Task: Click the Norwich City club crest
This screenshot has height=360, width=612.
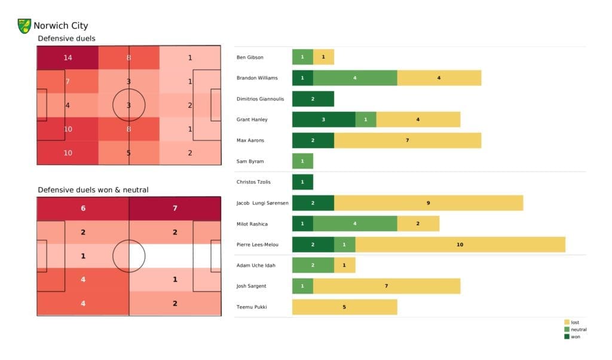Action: click(x=25, y=26)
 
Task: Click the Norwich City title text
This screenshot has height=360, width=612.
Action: click(x=60, y=26)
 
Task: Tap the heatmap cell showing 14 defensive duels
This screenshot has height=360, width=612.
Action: click(x=68, y=58)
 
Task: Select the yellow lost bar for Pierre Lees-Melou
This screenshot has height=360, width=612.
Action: click(x=460, y=244)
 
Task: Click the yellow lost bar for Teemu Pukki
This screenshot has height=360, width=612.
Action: click(x=344, y=307)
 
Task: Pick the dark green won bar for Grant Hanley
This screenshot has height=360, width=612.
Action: click(x=323, y=120)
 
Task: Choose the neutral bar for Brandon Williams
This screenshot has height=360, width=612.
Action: click(x=355, y=78)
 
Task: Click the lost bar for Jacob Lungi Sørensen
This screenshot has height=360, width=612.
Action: click(x=428, y=203)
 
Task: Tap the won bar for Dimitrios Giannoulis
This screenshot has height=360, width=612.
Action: click(x=313, y=99)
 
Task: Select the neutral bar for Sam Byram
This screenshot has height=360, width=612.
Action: click(x=302, y=161)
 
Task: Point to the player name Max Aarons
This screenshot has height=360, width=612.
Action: click(x=251, y=141)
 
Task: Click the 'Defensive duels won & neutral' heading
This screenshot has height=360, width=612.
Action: click(x=93, y=190)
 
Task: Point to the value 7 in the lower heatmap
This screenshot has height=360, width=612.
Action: click(x=175, y=208)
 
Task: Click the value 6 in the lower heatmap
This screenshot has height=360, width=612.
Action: click(x=82, y=208)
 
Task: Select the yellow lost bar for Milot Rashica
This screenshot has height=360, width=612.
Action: click(x=418, y=224)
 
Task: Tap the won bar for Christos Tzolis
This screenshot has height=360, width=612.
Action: click(x=302, y=182)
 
